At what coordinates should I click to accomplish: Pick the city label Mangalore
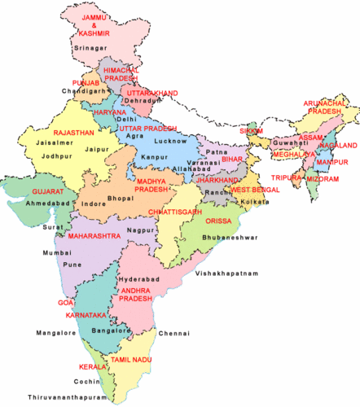pyautogui.click(x=57, y=333)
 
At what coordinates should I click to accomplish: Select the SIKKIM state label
pyautogui.click(x=252, y=130)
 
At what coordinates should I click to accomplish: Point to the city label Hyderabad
pyautogui.click(x=134, y=278)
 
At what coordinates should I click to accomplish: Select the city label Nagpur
pyautogui.click(x=140, y=231)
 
